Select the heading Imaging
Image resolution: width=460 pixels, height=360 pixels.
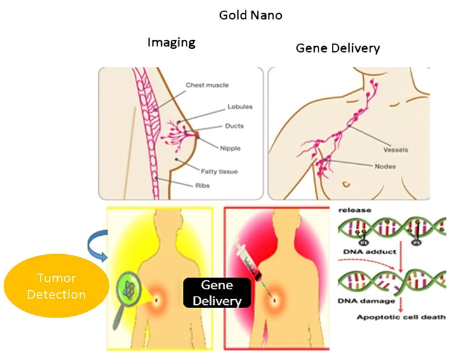pyautogui.click(x=171, y=43)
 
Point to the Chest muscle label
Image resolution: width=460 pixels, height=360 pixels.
pyautogui.click(x=207, y=85)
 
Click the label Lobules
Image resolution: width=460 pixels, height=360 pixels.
pyautogui.click(x=239, y=107)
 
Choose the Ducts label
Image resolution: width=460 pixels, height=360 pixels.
pyautogui.click(x=233, y=126)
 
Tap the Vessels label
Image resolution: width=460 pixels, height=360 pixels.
pyautogui.click(x=395, y=150)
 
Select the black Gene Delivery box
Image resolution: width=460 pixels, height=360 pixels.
pyautogui.click(x=213, y=293)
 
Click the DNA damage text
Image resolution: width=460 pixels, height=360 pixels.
pyautogui.click(x=363, y=300)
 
